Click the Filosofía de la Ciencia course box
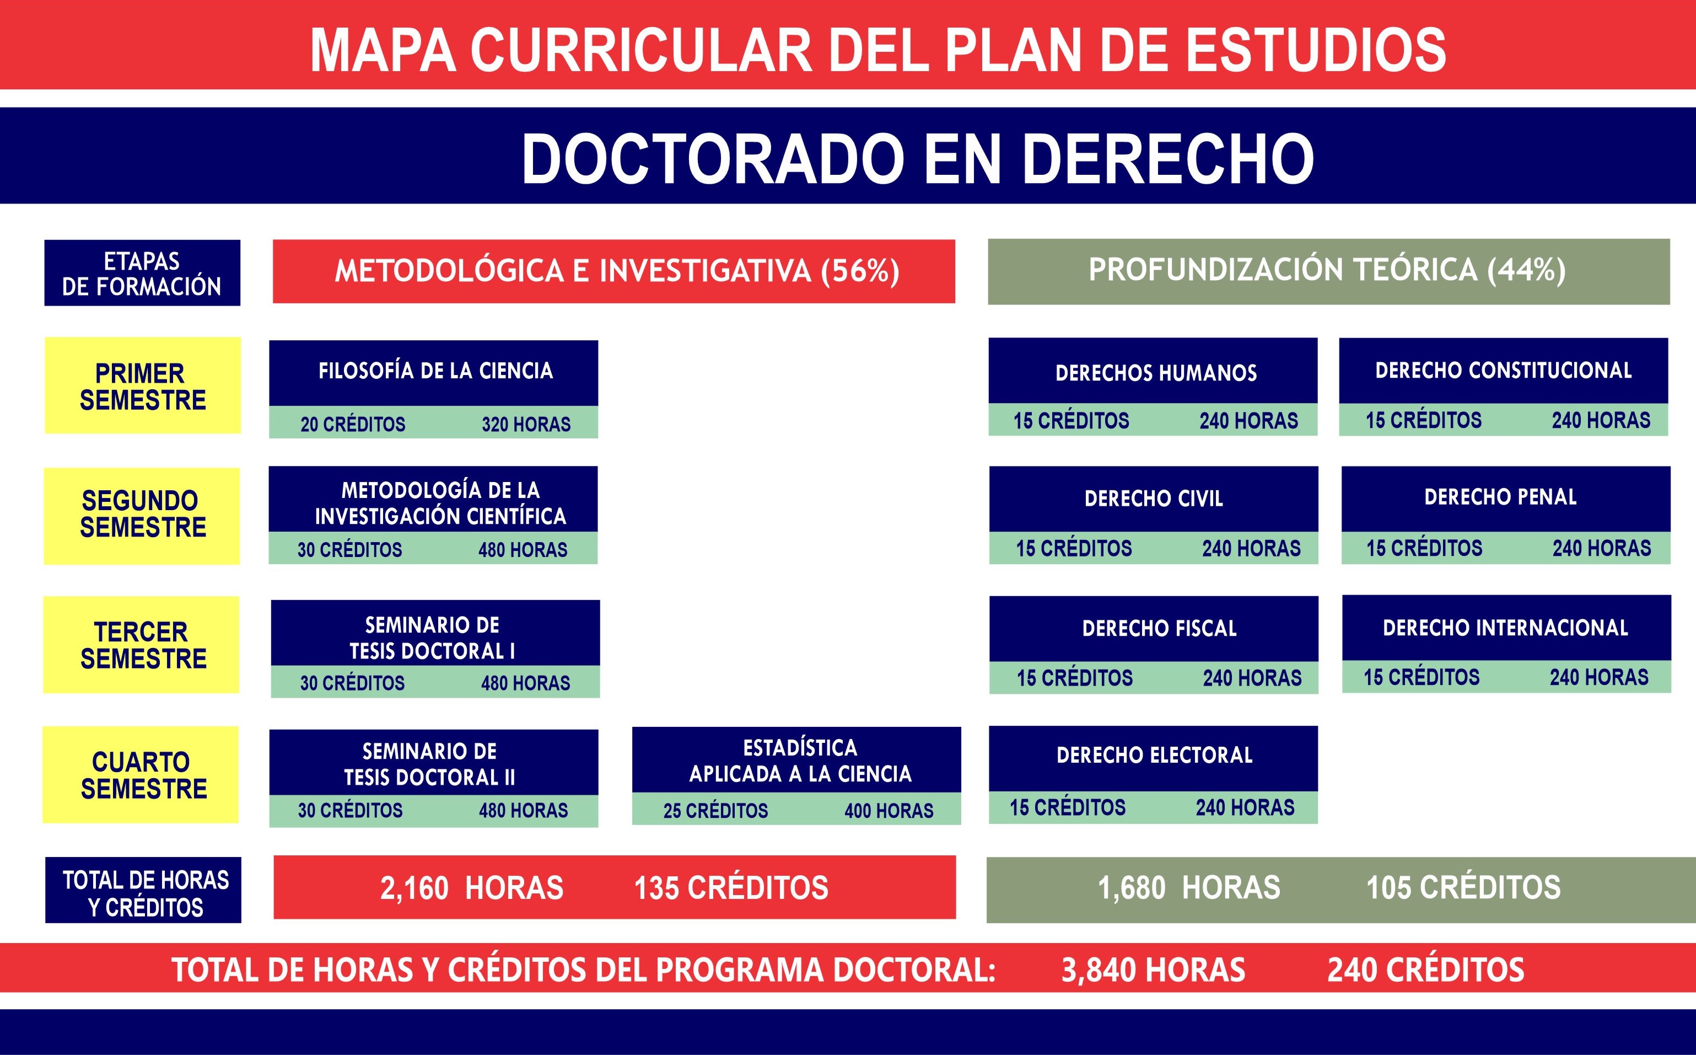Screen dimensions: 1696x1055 pos(433,389)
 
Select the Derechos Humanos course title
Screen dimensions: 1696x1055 pos(1156,373)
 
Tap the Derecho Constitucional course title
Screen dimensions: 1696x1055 pos(1504,370)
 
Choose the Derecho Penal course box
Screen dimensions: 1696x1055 pos(1506,515)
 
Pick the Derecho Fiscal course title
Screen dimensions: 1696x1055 pos(1159,628)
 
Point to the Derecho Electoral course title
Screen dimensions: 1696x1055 pos(1154,755)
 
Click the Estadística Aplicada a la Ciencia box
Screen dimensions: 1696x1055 pos(796,776)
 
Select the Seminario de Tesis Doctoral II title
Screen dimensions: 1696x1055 pos(429,764)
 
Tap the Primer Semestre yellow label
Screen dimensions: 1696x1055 pos(143,385)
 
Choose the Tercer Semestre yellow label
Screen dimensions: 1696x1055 pos(141,645)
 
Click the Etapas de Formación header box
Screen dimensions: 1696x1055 pos(142,273)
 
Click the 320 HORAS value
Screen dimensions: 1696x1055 pos(526,424)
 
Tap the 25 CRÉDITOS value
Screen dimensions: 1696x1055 pos(715,811)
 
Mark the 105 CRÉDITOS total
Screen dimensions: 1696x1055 pos(1463,887)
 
